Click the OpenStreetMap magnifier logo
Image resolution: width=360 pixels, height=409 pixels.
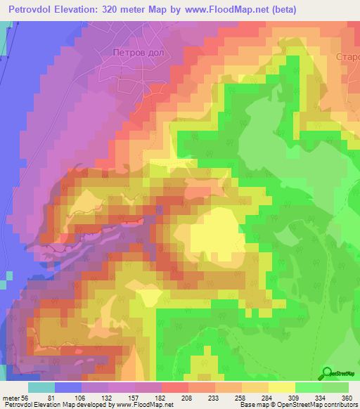[x=328, y=373]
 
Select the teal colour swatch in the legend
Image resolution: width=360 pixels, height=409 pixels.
[x=41, y=387]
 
